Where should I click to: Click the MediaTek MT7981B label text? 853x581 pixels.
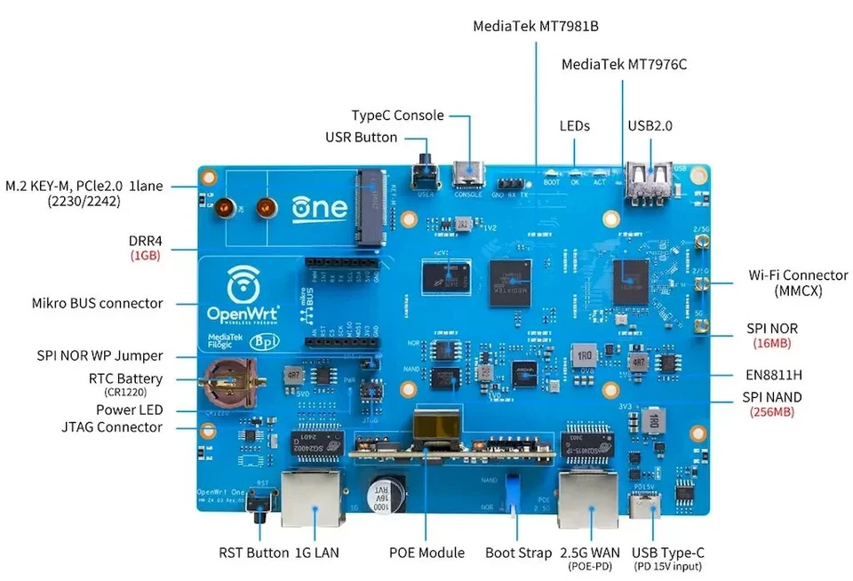click(535, 26)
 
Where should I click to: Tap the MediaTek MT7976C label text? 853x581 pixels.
click(624, 65)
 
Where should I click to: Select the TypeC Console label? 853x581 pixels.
click(396, 115)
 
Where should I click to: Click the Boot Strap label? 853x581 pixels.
click(518, 553)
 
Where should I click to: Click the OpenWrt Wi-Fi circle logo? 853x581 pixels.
click(237, 283)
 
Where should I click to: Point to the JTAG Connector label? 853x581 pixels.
click(116, 427)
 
